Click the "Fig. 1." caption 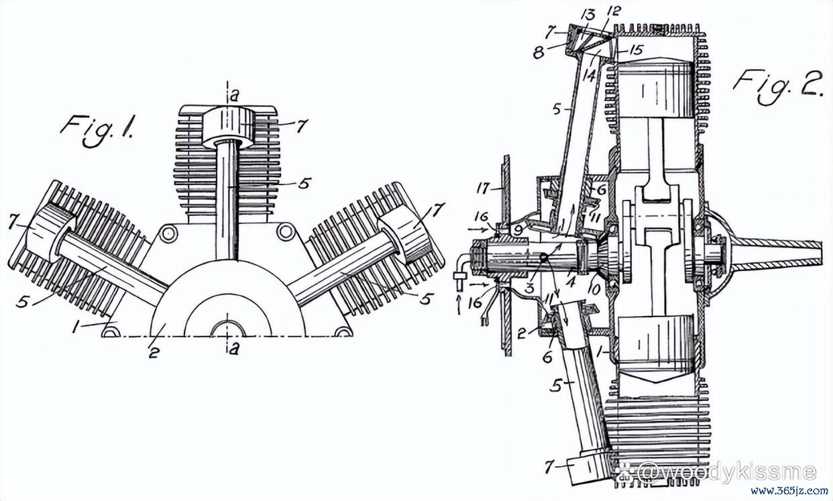(x=97, y=131)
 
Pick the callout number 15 (x=637, y=50)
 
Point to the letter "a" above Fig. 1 (x=233, y=97)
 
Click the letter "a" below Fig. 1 (x=233, y=349)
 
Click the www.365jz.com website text (x=789, y=491)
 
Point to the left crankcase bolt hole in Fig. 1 (x=168, y=234)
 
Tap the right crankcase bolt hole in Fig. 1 (x=286, y=231)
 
